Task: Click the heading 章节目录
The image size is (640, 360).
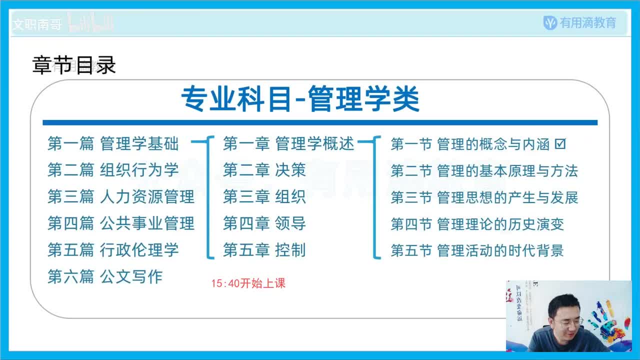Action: click(74, 65)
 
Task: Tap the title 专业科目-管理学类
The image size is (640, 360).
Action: click(300, 99)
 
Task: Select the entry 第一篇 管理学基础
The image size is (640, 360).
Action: click(113, 144)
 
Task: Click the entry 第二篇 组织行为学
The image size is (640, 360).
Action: click(113, 170)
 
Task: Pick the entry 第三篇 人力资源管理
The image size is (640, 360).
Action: click(121, 196)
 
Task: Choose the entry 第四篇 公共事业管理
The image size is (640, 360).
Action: click(121, 223)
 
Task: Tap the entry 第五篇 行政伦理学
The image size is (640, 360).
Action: click(113, 249)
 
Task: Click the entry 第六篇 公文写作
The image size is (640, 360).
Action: click(105, 276)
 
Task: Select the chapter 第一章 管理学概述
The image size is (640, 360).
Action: click(288, 144)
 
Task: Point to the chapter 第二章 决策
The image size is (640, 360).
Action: click(264, 170)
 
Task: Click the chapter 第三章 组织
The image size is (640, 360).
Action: click(264, 196)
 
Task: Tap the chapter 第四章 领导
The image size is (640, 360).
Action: click(264, 223)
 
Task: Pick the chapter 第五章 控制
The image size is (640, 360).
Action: click(264, 249)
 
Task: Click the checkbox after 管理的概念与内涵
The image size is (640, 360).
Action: click(560, 144)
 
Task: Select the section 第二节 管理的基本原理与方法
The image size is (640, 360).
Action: click(484, 170)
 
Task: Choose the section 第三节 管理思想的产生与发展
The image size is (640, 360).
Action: click(484, 197)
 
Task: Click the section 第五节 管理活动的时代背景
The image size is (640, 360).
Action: click(477, 250)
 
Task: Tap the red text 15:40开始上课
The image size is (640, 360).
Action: click(248, 283)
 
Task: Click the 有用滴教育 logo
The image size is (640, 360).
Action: click(580, 22)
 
